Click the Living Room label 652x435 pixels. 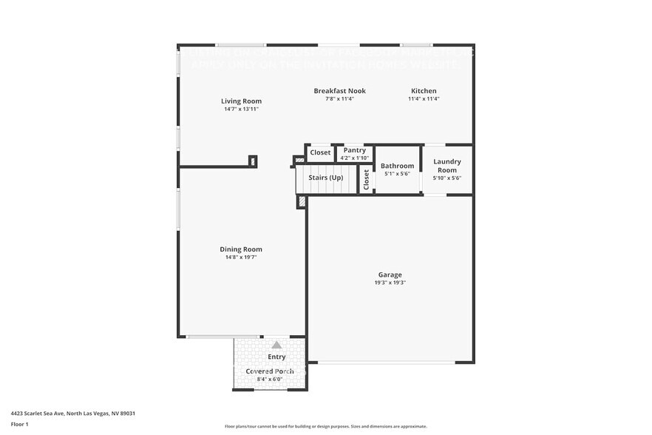pyautogui.click(x=241, y=101)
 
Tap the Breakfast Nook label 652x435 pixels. pyautogui.click(x=339, y=91)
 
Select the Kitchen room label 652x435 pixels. pyautogui.click(x=424, y=91)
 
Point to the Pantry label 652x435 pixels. pyautogui.click(x=355, y=150)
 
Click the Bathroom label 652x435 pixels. pyautogui.click(x=397, y=166)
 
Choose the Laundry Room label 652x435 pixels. pyautogui.click(x=446, y=166)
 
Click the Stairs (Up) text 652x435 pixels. pyautogui.click(x=325, y=178)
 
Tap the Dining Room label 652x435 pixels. pyautogui.click(x=241, y=249)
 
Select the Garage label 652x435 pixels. pyautogui.click(x=390, y=274)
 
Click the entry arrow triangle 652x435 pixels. pyautogui.click(x=276, y=345)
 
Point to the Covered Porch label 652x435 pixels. pyautogui.click(x=270, y=371)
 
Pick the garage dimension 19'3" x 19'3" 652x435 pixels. pyautogui.click(x=390, y=283)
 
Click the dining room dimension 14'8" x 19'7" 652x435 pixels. pyautogui.click(x=241, y=257)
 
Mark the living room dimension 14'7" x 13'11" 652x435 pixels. pyautogui.click(x=241, y=109)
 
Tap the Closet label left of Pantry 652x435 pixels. pyautogui.click(x=320, y=152)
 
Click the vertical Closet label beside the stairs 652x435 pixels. pyautogui.click(x=366, y=179)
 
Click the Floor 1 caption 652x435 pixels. pyautogui.click(x=20, y=424)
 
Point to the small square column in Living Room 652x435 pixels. pyautogui.click(x=253, y=161)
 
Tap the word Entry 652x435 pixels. pyautogui.click(x=276, y=357)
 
